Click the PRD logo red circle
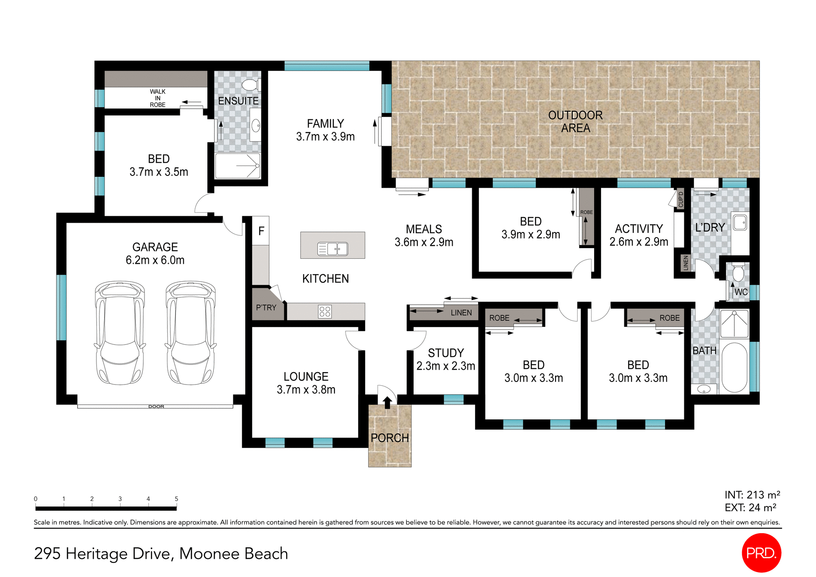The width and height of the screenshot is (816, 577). pos(761,553)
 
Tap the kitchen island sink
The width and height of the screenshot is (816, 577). pos(333,249)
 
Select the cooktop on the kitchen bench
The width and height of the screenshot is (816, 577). pos(325,311)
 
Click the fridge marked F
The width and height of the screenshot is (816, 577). pos(261,231)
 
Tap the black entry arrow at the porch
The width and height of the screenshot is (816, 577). pos(387,402)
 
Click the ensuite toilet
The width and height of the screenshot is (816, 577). pos(251,85)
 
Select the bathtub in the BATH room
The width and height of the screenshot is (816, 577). pos(734,367)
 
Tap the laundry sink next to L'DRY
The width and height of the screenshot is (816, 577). pos(740,222)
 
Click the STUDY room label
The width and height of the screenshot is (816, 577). pos(445,353)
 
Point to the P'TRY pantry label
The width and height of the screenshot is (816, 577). pos(266,307)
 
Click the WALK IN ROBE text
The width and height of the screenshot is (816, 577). pos(158,98)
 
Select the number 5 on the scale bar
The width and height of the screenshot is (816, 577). pos(176,499)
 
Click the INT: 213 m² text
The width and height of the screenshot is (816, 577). pos(752,495)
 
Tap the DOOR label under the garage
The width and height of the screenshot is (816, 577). pos(156,407)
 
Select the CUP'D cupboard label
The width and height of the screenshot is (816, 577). pos(680,199)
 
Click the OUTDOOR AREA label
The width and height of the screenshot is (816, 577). pos(575,122)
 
